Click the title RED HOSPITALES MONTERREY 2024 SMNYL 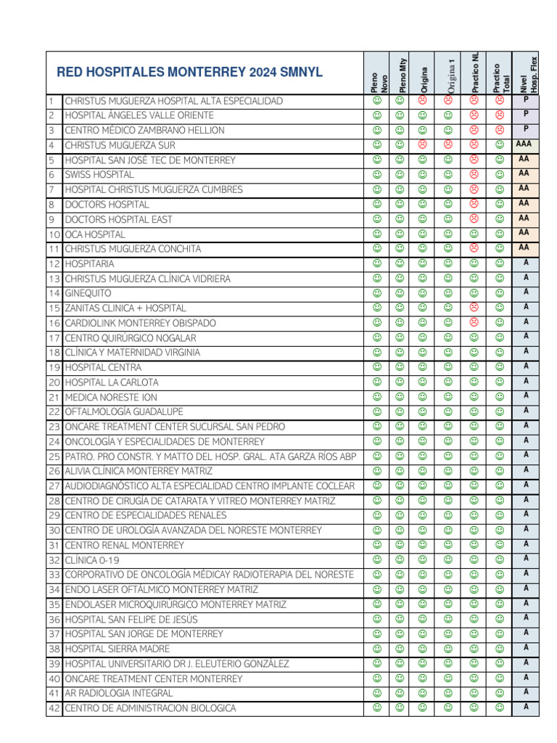[190, 73]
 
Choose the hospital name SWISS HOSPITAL [99, 175]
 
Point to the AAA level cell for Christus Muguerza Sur [524, 144]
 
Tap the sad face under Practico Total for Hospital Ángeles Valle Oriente [500, 115]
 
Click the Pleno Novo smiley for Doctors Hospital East [376, 219]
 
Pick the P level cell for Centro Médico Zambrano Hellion [525, 129]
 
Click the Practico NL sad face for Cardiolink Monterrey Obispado [474, 322]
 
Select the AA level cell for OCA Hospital [524, 233]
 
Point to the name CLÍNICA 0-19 [92, 559]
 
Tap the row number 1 [51, 101]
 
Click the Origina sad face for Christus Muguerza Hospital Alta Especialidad [423, 101]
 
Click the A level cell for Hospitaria [525, 263]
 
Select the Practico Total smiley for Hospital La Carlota [500, 382]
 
